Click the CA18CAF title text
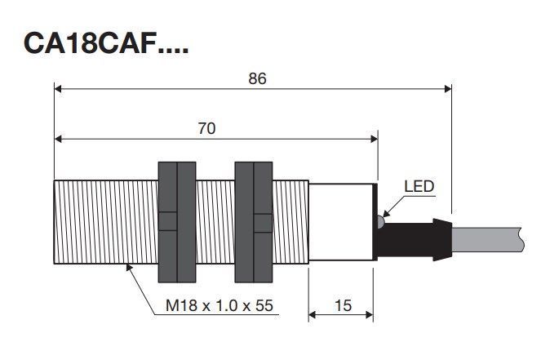[x=106, y=43]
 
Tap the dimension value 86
[x=257, y=78]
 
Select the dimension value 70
[x=206, y=128]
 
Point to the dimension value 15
[x=343, y=305]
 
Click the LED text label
[x=419, y=186]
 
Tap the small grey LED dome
[x=380, y=221]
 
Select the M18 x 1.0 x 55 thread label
[x=220, y=305]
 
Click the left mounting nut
[x=177, y=222]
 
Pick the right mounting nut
[x=254, y=222]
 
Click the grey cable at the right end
[x=487, y=239]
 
